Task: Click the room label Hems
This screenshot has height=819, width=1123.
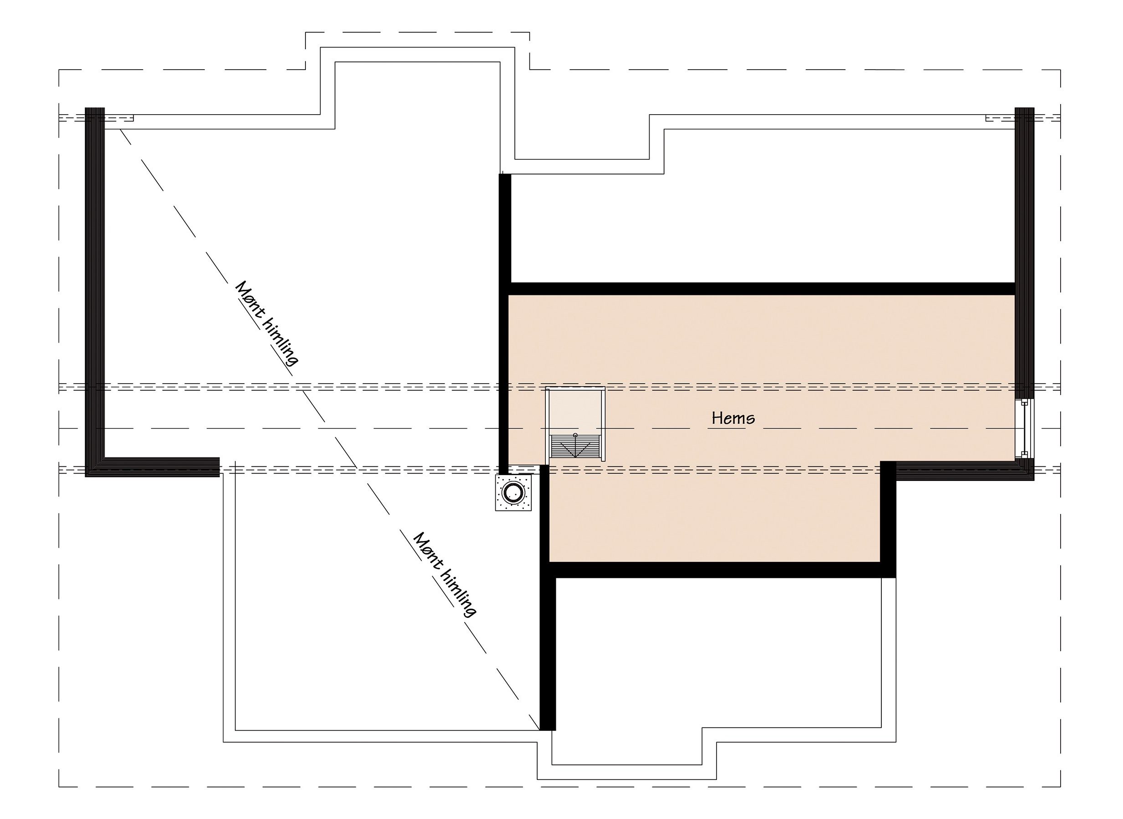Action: tap(733, 419)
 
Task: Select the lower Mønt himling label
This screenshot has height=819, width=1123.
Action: tap(444, 575)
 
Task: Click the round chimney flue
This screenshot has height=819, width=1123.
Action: tap(513, 492)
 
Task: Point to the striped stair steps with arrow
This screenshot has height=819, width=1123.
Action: tap(575, 446)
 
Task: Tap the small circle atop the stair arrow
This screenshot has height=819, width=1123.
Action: tap(575, 435)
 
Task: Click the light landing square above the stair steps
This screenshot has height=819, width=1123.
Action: tap(575, 410)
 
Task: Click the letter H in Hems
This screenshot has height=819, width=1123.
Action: tap(717, 418)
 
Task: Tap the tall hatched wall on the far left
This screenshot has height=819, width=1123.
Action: tap(95, 292)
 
